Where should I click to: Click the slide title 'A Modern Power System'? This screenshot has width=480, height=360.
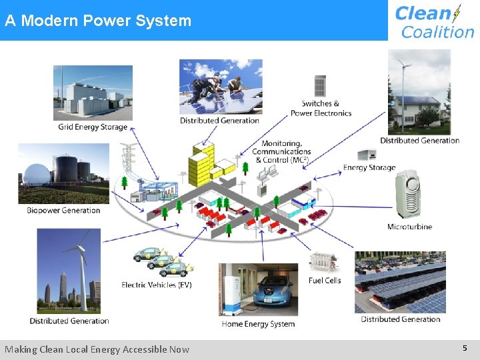click(98, 21)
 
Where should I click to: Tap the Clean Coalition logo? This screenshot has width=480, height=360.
click(434, 21)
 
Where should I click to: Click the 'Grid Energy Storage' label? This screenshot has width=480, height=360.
click(93, 127)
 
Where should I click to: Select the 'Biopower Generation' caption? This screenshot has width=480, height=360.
click(63, 211)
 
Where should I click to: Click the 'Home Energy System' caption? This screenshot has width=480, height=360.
click(258, 324)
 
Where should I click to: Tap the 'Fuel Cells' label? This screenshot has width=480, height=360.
click(325, 281)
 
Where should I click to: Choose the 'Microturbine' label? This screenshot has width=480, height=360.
click(409, 227)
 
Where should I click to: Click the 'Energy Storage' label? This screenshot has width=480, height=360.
click(369, 168)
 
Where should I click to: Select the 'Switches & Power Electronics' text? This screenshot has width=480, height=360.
click(321, 108)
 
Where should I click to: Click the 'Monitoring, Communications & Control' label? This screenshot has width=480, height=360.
click(281, 152)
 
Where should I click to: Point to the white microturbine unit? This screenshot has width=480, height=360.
click(410, 194)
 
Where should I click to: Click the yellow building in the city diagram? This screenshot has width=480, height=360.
click(200, 167)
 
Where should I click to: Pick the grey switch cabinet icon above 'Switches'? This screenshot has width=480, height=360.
click(320, 86)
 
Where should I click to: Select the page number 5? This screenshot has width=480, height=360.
click(465, 348)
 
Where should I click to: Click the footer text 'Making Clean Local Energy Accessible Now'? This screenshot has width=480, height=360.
click(97, 349)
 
